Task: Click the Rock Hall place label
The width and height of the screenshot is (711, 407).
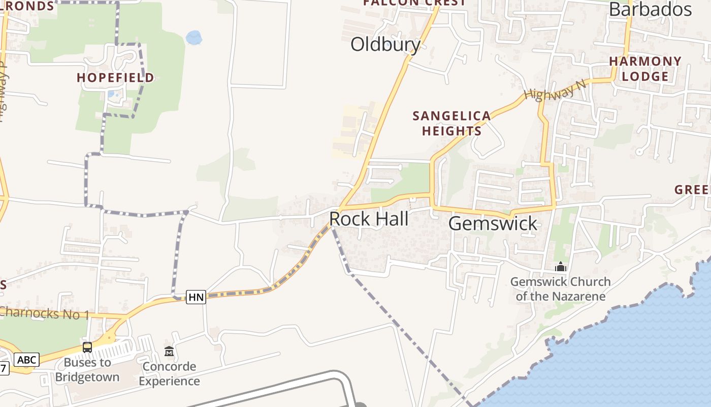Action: [369, 219]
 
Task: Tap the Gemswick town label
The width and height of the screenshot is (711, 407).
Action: [493, 223]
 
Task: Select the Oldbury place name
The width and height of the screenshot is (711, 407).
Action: [385, 45]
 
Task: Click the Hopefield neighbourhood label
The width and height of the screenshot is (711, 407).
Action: [115, 78]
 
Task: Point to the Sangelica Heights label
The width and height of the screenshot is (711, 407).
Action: [451, 123]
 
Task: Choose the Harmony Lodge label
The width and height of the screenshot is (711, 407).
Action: [645, 69]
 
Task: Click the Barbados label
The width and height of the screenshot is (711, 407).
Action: [650, 9]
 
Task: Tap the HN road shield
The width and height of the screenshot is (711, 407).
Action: [196, 297]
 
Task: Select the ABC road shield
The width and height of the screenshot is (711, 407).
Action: [26, 360]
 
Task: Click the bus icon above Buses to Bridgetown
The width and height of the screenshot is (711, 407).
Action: [87, 347]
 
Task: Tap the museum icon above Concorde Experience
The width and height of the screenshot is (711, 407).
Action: [169, 351]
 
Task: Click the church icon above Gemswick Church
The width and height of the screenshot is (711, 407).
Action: [560, 267]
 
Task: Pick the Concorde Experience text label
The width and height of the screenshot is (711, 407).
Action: [169, 373]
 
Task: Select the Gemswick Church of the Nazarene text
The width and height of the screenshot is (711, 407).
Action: [560, 289]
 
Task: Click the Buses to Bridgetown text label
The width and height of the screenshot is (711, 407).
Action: [87, 370]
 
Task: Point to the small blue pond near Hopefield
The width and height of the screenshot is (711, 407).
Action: [193, 37]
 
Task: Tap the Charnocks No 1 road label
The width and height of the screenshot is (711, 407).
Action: [45, 313]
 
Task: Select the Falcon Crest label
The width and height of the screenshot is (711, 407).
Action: [414, 3]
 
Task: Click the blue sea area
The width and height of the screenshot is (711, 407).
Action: [635, 356]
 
